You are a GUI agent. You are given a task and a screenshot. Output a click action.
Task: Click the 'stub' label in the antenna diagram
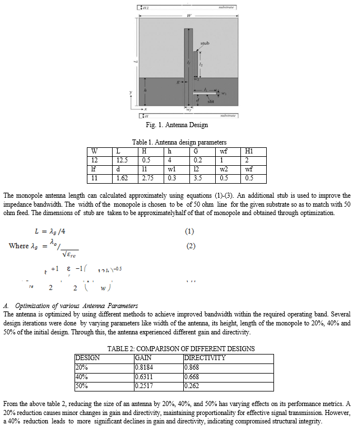(x=206, y=43)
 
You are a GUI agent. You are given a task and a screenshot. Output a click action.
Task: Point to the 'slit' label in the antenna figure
(x=211, y=101)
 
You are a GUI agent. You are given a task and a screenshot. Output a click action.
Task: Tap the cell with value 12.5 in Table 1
(x=120, y=160)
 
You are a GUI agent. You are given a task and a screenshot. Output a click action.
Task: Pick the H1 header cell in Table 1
(x=249, y=151)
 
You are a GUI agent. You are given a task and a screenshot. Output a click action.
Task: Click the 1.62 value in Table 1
(x=121, y=178)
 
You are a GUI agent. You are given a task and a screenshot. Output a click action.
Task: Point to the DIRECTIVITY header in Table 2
(x=205, y=357)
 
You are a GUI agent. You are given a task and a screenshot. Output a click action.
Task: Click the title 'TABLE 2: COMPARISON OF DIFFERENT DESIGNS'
(x=181, y=348)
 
